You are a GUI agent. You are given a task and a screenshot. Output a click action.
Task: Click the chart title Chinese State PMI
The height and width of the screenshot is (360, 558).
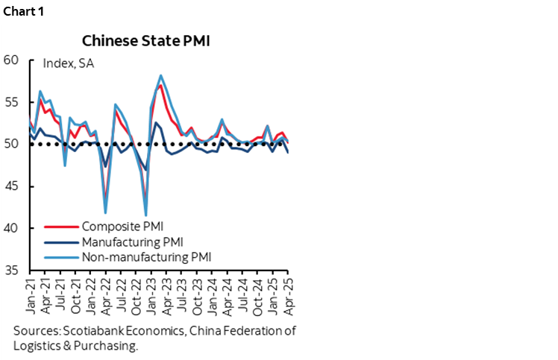coord(145,40)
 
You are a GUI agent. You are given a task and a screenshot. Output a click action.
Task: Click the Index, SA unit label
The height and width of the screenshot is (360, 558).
coord(69,63)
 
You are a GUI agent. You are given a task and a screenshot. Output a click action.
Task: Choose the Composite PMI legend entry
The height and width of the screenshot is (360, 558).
coord(122,226)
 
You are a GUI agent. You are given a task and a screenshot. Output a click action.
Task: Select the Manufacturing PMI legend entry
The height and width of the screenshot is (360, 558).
coord(132,241)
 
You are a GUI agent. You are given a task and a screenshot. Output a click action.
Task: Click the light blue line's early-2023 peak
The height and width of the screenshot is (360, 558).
coord(161,75)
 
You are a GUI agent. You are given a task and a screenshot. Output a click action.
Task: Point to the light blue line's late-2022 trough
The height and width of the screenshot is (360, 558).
coord(145,215)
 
